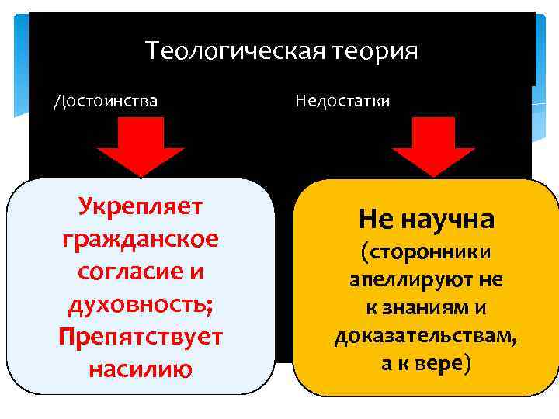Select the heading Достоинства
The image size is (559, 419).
point(106,101)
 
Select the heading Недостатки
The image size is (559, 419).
point(342,101)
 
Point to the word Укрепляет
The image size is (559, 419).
point(141,206)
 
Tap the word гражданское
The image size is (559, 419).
point(141,239)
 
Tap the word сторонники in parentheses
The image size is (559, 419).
point(429,252)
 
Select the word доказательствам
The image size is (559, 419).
point(425,336)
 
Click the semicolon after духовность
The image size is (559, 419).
point(209,306)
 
